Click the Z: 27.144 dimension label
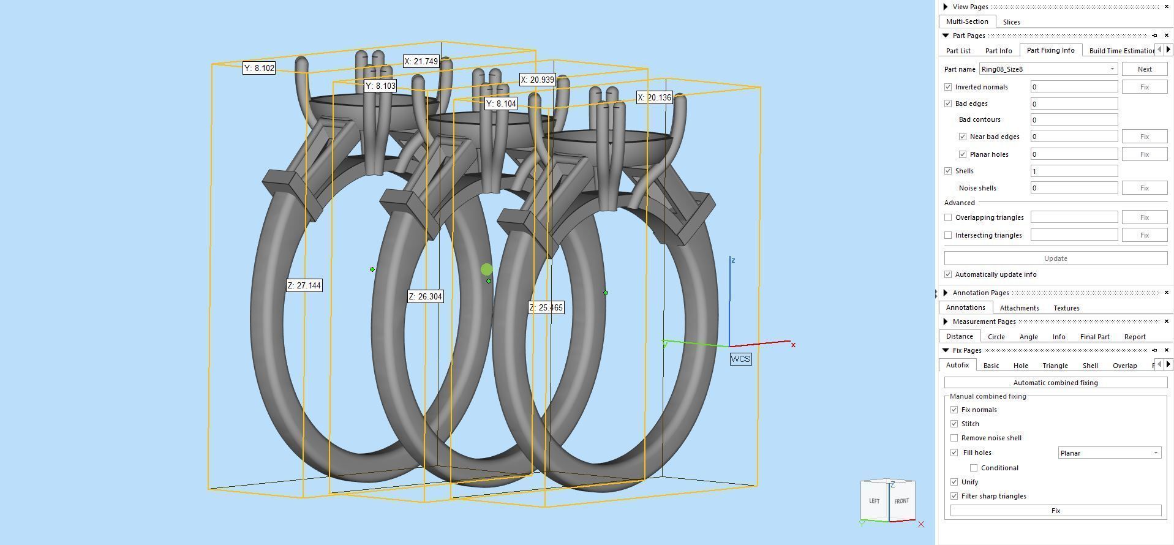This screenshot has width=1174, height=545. pos(304,285)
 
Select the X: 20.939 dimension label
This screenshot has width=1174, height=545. pos(537,80)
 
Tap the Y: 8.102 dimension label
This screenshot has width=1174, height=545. pos(259,68)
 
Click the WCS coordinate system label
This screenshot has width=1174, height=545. pos(740,359)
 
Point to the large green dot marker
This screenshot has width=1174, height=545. pos(487,269)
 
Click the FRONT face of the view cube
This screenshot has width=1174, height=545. pos(901,501)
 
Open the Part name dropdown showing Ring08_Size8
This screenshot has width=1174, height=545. pos(1048,69)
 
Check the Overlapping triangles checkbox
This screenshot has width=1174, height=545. pos(948,217)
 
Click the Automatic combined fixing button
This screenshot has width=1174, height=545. pos(1055,383)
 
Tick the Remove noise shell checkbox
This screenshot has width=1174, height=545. pos(954,438)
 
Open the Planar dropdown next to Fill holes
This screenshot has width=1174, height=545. pos(1109,453)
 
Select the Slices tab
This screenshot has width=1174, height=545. pos(1011,22)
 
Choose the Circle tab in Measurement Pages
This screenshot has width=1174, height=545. pos(996,337)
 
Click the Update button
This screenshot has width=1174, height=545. pos(1055,258)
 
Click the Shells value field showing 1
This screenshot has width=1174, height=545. pos(1074,171)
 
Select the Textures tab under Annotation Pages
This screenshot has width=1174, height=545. pos(1066,308)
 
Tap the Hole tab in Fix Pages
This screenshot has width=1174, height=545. pos(1020,366)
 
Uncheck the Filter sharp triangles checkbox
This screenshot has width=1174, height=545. pos(954,496)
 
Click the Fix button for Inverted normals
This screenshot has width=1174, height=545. pos(1143,87)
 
